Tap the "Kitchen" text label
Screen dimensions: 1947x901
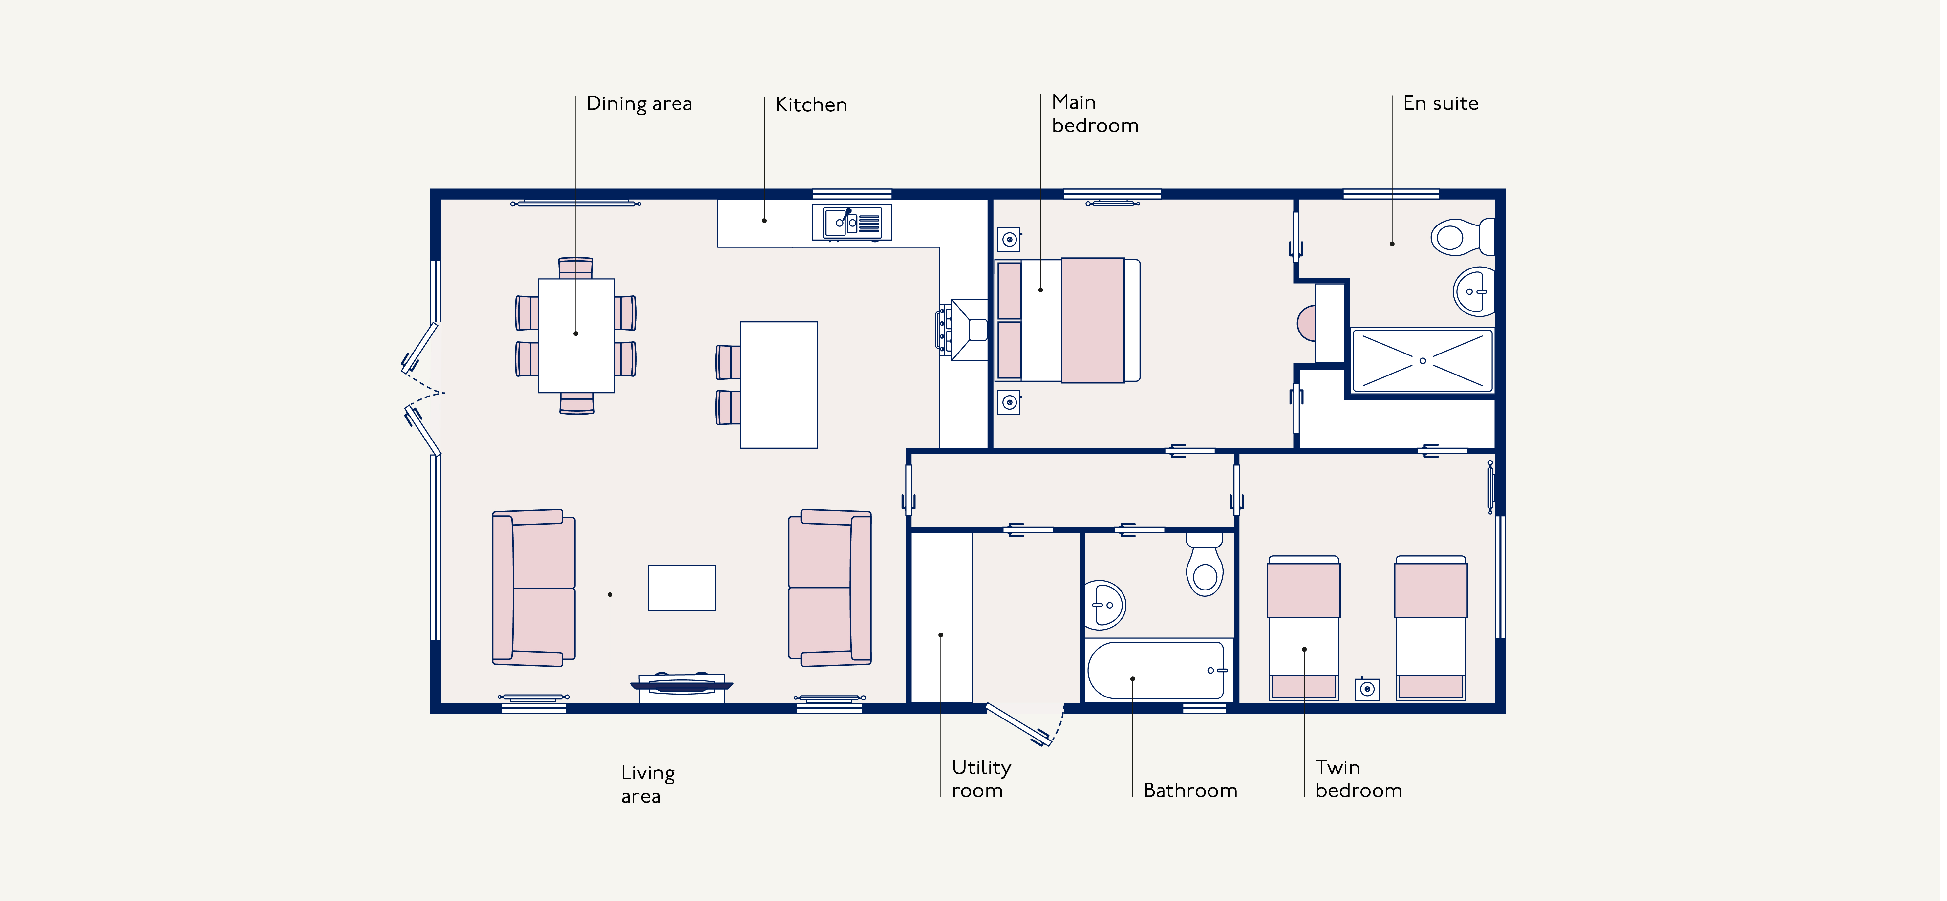[811, 104]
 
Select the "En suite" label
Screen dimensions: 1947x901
[1441, 103]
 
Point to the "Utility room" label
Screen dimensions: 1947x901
[981, 779]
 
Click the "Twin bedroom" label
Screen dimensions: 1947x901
[1358, 779]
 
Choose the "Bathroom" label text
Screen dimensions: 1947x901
[1190, 791]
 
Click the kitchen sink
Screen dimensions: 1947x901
[852, 222]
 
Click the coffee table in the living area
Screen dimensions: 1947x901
[682, 587]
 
